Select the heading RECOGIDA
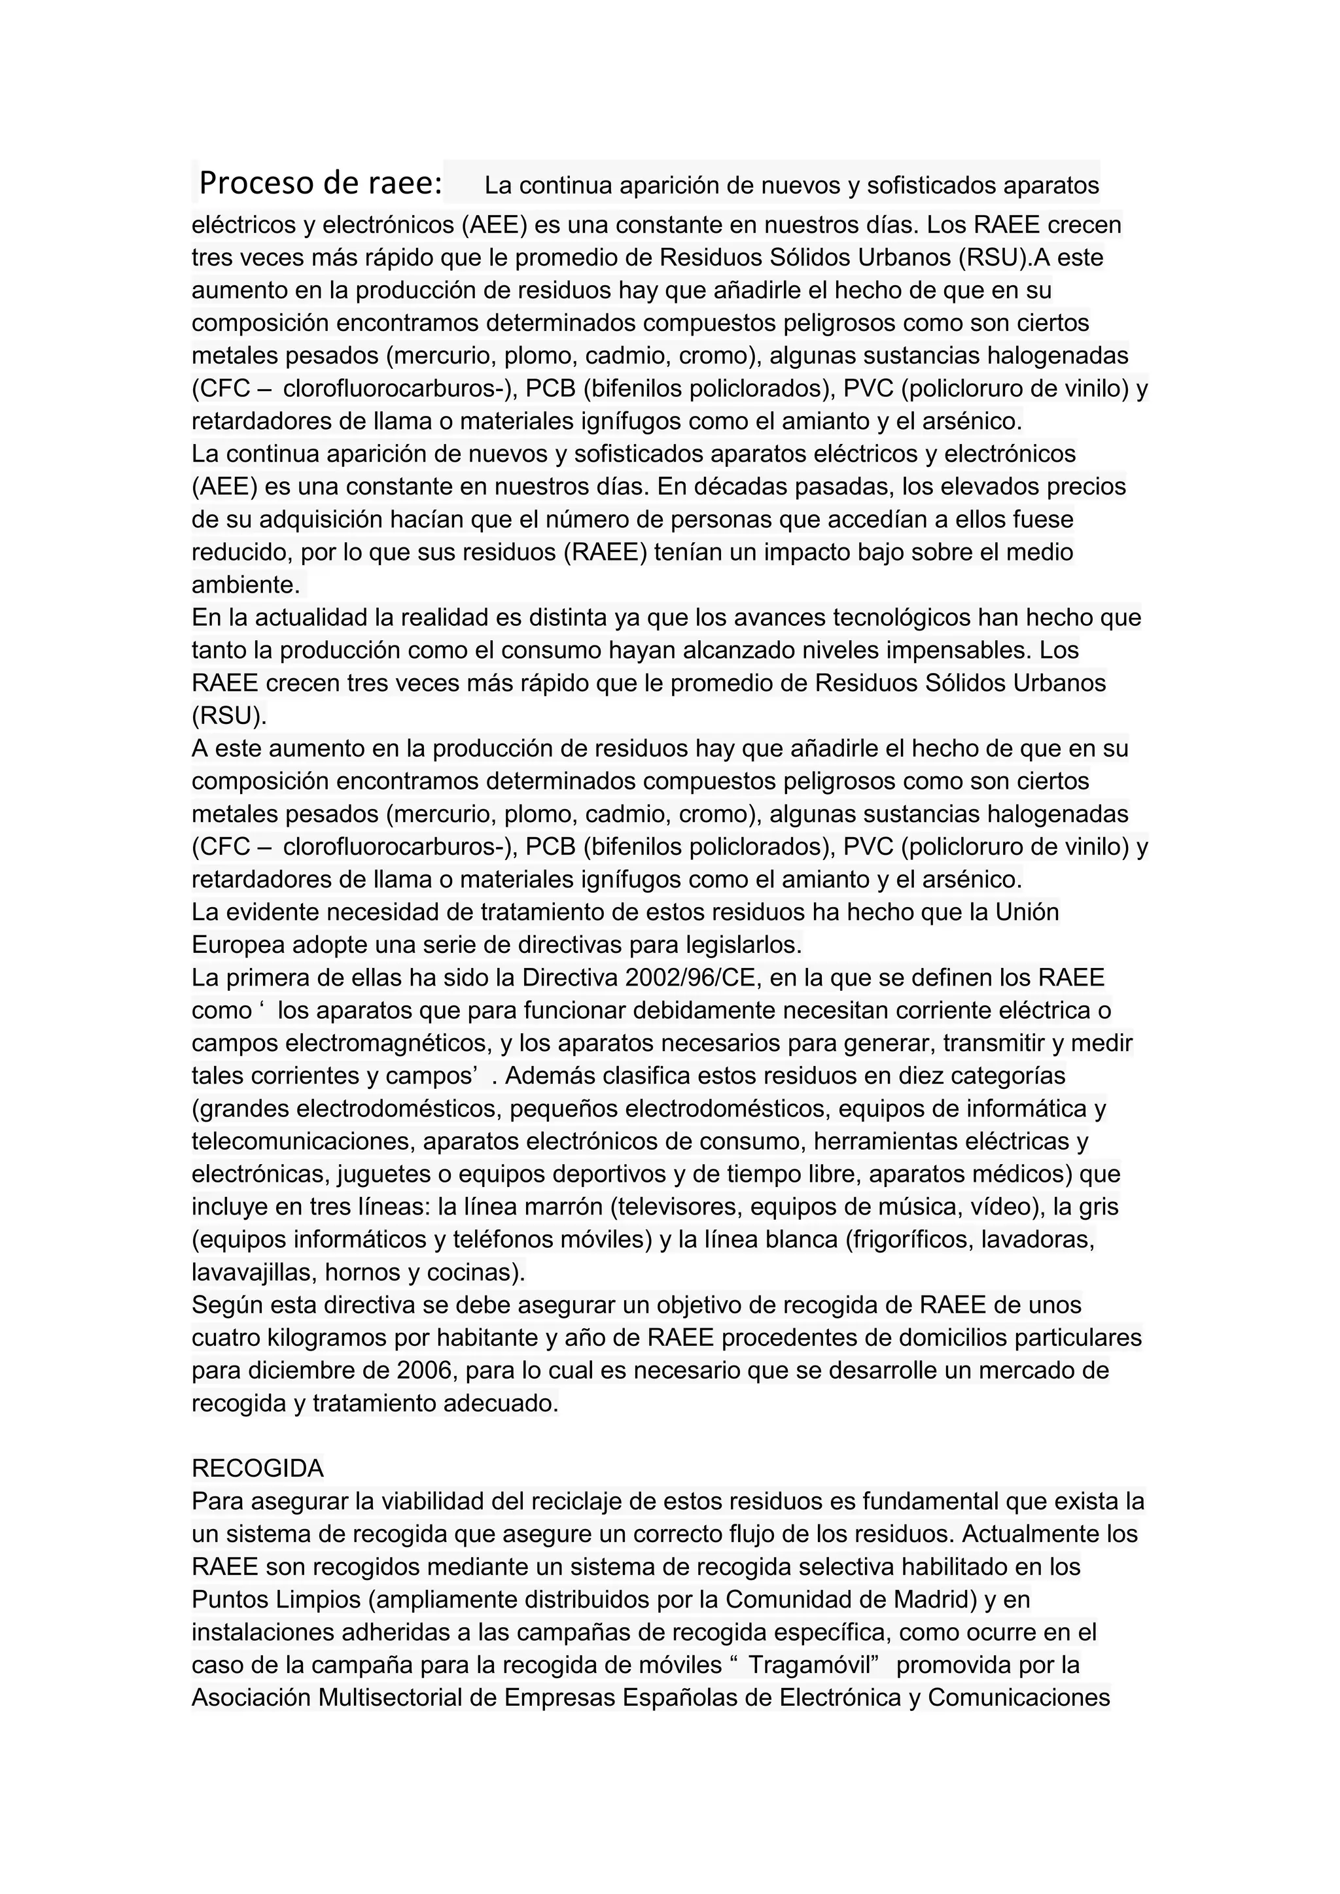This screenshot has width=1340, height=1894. pos(257,1468)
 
